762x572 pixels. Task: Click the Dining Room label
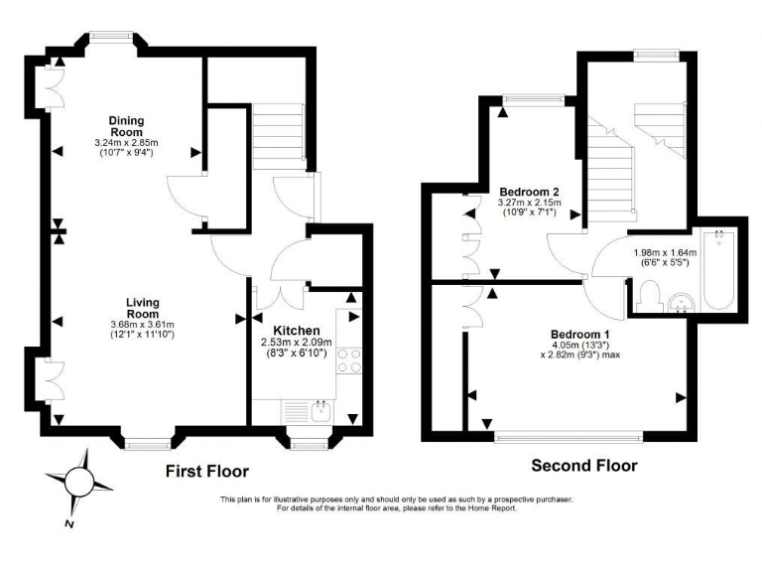[x=127, y=126]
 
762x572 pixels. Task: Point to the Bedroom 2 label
[x=529, y=192]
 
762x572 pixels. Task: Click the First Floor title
[x=206, y=471]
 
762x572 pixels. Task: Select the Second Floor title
[x=584, y=465]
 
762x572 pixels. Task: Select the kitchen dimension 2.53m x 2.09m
[x=297, y=349]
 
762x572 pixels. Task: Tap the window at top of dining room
[x=110, y=37]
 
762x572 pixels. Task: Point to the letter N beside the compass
[x=67, y=521]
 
